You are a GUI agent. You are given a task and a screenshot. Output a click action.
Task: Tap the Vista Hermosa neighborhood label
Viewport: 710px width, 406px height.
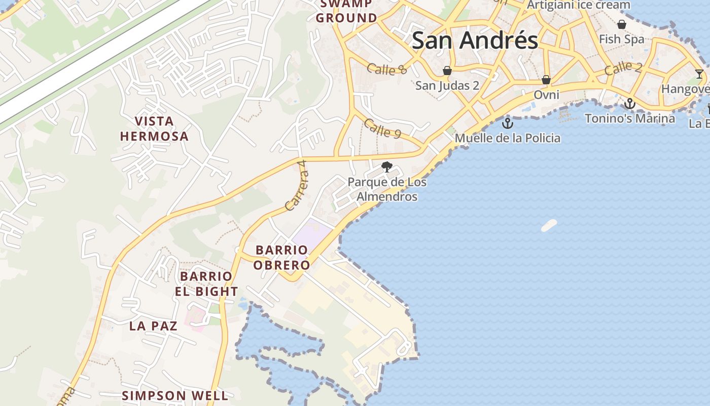154,129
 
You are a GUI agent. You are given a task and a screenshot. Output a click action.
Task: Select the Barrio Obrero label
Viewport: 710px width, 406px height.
281,257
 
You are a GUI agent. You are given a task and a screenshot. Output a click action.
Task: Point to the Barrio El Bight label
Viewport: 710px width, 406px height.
206,284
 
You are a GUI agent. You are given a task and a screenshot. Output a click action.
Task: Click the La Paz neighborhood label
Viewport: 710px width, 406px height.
153,326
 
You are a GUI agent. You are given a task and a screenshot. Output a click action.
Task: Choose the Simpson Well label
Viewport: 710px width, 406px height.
175,396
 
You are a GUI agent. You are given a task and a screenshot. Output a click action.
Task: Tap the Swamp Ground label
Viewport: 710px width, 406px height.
347,11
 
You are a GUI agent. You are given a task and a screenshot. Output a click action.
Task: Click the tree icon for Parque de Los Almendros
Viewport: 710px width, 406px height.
387,166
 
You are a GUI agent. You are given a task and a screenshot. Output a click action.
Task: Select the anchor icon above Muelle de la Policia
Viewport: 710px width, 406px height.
507,123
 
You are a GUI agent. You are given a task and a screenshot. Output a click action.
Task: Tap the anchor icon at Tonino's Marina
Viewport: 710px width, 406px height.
629,104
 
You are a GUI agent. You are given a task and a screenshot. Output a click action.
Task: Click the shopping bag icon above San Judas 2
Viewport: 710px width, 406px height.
447,71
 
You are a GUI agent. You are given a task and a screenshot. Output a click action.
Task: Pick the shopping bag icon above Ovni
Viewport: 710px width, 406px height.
546,80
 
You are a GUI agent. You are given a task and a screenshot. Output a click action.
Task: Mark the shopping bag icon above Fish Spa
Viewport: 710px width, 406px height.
621,24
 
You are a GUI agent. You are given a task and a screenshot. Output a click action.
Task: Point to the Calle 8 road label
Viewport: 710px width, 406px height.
387,69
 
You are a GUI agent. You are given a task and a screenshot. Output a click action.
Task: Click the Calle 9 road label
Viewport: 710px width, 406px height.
383,129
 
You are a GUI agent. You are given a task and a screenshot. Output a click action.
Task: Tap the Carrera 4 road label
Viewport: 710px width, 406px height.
297,186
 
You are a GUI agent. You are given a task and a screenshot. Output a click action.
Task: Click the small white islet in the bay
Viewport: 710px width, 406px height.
549,225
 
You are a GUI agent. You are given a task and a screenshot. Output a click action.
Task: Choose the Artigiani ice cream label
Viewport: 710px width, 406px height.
579,5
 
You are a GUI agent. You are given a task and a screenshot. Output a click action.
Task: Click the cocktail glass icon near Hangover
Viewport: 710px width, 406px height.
699,74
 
